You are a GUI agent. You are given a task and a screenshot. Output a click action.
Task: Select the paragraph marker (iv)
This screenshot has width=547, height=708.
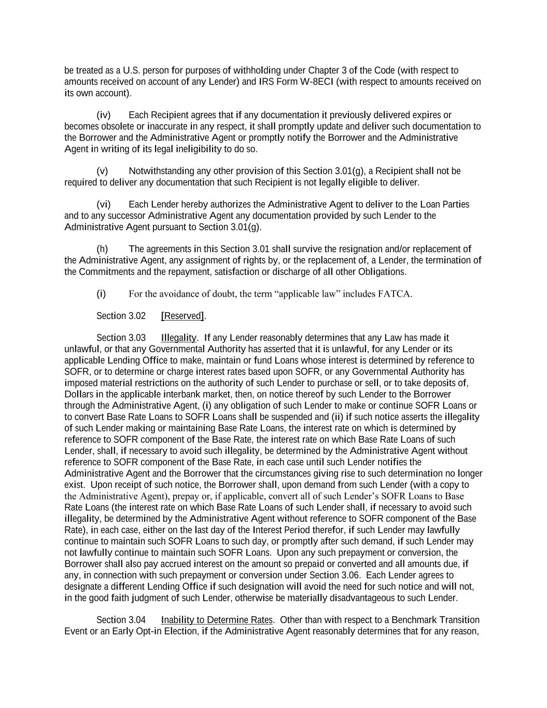pyautogui.click(x=104, y=115)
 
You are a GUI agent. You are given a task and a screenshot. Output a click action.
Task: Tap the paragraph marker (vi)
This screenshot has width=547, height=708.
pyautogui.click(x=104, y=204)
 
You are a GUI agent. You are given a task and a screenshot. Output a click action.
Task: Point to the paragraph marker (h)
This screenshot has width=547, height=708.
pyautogui.click(x=102, y=249)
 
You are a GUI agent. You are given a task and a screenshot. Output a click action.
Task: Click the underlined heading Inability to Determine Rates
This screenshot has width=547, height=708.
pyautogui.click(x=217, y=620)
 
